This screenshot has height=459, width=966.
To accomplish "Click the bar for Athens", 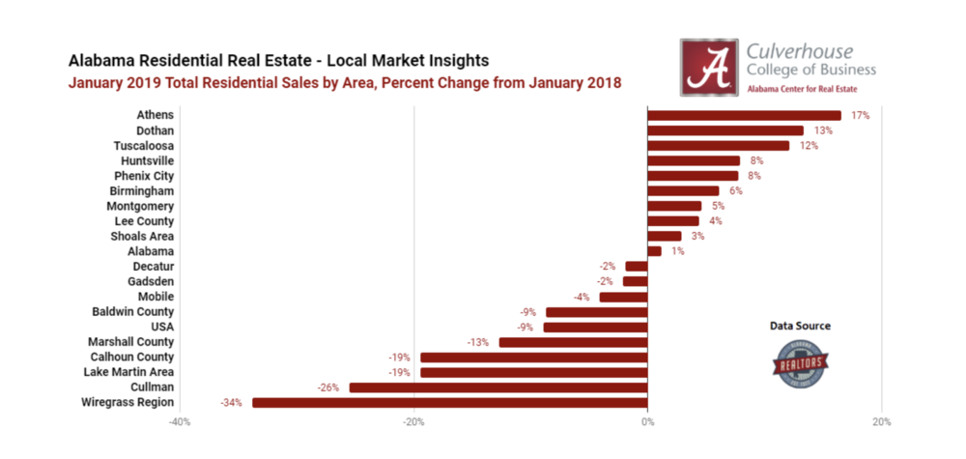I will tap(744, 115).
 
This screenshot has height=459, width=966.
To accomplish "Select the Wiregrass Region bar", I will tap(449, 402).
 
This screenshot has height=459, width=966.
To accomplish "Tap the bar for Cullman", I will tap(497, 387).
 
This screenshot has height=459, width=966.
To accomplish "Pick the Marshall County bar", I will tap(573, 342).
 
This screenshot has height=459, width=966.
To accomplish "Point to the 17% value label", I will tap(861, 115).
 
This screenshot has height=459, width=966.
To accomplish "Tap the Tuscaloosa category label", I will tap(143, 145).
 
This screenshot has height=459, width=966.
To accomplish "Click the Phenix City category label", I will tap(143, 176).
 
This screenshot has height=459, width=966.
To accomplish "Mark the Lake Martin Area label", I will tap(128, 372).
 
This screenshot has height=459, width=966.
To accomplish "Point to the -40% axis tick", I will tap(180, 422).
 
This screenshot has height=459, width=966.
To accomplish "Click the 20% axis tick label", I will tap(881, 422).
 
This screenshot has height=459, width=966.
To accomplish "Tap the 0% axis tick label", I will tap(647, 422).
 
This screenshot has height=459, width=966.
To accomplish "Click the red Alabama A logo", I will tap(709, 67).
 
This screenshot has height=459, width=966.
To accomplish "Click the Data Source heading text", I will tap(799, 327).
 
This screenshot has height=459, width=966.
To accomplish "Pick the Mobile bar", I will tap(623, 297).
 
